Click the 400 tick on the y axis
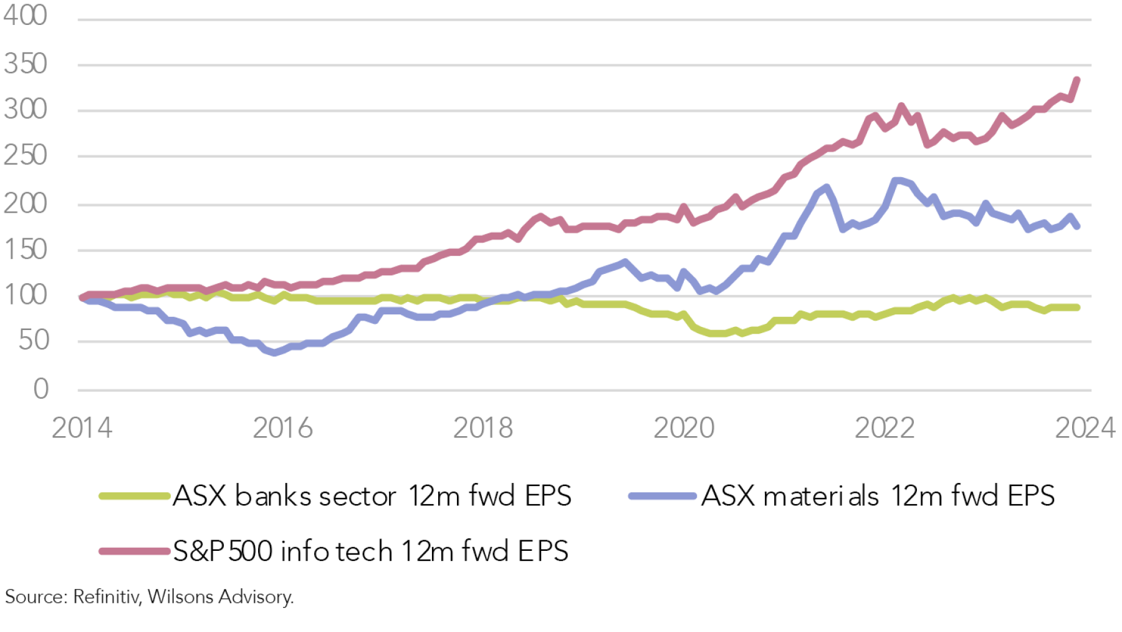point(25,15)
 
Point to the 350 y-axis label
point(25,64)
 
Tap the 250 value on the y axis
point(25,155)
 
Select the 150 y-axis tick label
point(25,250)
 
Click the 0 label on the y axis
point(41,389)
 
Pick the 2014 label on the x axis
point(82,428)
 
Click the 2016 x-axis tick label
point(282,428)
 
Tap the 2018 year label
point(483,428)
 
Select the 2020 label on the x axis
point(684,428)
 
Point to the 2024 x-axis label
point(1085,428)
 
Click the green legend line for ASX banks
point(134,497)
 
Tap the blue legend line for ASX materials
point(662,497)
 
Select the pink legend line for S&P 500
point(134,552)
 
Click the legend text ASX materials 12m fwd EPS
point(878,497)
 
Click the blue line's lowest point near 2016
point(274,353)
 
